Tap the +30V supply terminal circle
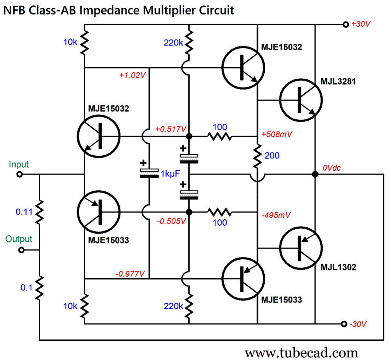pos(345,24)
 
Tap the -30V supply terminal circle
pos(344,324)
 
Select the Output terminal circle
pos(21,250)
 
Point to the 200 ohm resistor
pos(257,155)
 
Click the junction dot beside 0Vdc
pos(315,175)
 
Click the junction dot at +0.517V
pos(189,137)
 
